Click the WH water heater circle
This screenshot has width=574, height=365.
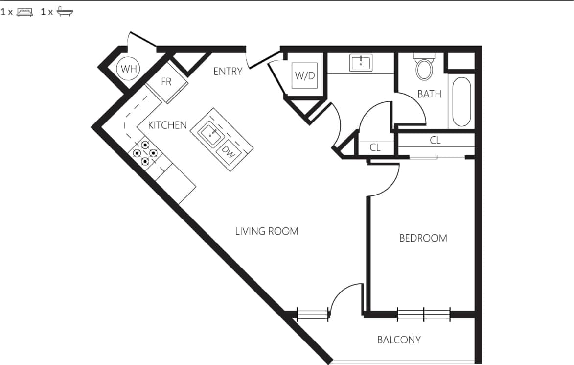click(129, 69)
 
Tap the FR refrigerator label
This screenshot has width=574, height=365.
click(166, 82)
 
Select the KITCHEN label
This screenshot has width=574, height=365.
click(167, 125)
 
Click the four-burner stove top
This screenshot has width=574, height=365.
click(145, 153)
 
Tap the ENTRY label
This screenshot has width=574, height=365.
click(228, 72)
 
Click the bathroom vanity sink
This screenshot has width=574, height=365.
click(361, 62)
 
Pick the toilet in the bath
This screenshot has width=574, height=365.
click(424, 68)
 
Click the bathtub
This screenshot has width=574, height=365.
click(461, 101)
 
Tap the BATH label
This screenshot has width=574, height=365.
click(429, 94)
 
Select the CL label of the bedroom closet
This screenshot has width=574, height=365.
click(435, 140)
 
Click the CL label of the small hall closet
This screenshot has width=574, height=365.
click(375, 147)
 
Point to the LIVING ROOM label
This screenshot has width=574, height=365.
click(266, 231)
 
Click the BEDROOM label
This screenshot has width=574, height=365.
click(423, 239)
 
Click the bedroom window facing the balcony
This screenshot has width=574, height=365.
click(423, 314)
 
